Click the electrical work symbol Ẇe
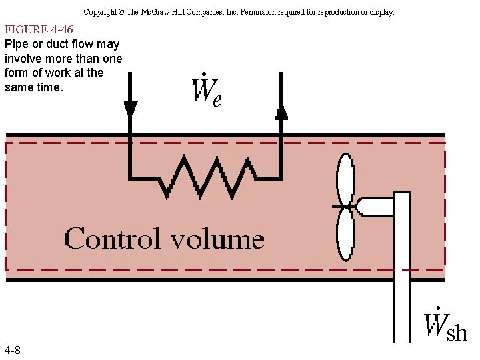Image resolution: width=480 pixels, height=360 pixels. [206, 92]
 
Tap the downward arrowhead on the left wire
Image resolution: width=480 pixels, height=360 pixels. [131, 107]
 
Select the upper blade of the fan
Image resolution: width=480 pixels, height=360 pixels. [345, 179]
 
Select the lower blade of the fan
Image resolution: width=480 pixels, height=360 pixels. [345, 236]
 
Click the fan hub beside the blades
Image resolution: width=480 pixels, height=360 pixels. [367, 207]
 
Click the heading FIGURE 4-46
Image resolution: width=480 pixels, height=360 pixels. [39, 29]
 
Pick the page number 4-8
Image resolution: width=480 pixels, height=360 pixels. [12, 350]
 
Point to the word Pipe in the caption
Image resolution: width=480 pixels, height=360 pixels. [17, 44]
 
